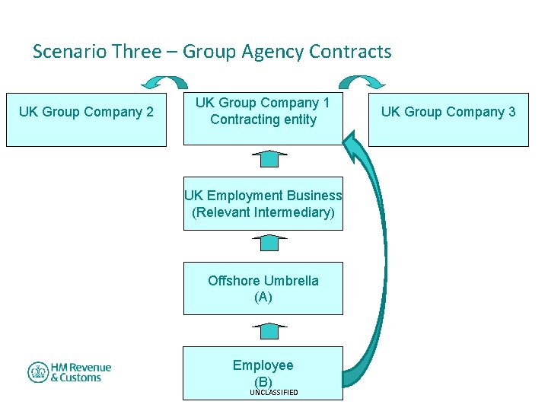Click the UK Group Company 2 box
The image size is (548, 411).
point(86,119)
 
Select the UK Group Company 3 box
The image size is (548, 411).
point(448,119)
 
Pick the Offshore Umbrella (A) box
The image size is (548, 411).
point(263,288)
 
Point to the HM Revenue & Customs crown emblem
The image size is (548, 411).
point(38,372)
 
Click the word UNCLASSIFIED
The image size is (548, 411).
point(274,393)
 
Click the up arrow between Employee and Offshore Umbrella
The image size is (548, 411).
point(269,330)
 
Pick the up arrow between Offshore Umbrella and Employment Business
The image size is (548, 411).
point(269,243)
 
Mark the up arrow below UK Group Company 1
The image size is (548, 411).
point(269,158)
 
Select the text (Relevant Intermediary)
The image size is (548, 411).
point(263,212)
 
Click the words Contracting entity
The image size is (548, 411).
point(263,119)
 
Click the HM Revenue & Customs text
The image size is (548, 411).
point(81,372)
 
